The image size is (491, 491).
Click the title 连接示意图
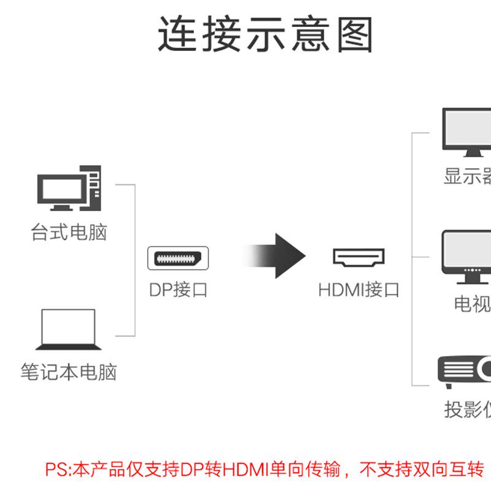coord(266,35)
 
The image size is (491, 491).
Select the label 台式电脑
coord(69,233)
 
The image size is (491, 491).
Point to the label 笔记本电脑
coord(69,372)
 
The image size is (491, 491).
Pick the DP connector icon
coord(178,258)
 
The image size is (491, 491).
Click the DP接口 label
coord(179,290)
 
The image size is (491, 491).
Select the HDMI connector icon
coord(358,257)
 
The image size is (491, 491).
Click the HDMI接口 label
coord(358,290)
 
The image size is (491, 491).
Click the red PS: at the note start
coord(59,470)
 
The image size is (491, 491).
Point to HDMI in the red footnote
coord(244,470)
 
